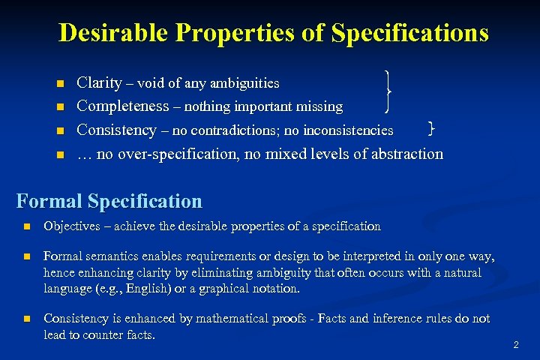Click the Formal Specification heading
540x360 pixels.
(x=109, y=201)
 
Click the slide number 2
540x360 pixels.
(x=515, y=345)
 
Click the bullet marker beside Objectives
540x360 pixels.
(x=25, y=226)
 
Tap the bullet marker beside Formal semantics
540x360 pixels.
(x=25, y=257)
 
